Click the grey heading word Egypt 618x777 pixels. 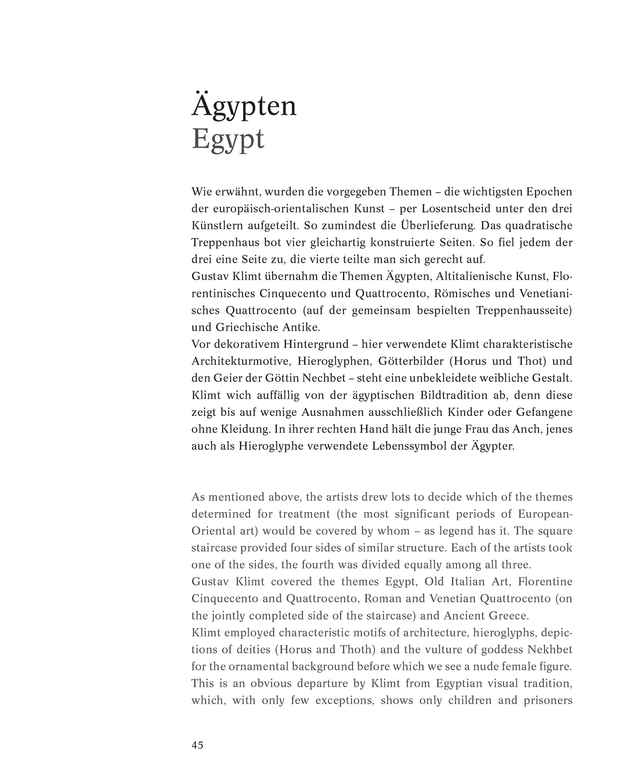pos(228,139)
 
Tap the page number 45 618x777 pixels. pos(197,745)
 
